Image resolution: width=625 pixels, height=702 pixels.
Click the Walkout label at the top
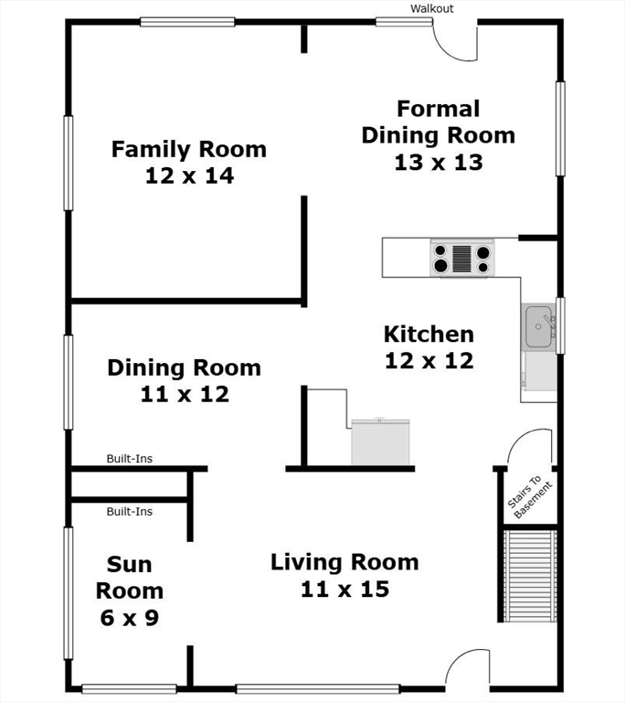[431, 8]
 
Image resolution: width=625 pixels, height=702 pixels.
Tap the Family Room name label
[189, 149]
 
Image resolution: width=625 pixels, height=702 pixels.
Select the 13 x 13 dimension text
[439, 162]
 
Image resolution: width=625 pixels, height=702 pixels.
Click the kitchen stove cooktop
[462, 259]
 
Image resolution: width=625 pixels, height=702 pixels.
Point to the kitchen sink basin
[538, 326]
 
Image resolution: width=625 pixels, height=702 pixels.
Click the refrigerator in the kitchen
[380, 441]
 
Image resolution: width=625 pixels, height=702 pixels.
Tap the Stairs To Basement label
[530, 496]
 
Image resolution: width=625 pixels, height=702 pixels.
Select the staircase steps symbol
[530, 576]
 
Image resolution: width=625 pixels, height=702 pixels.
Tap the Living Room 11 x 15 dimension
[344, 590]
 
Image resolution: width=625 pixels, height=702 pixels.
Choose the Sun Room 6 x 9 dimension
[130, 618]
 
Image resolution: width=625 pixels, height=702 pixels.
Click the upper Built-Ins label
[130, 459]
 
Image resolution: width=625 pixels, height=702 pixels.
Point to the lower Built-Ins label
[130, 511]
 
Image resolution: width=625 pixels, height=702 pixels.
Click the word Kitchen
[429, 334]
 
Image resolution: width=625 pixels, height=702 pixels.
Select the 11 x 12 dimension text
[185, 394]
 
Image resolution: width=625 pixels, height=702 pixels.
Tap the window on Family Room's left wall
[68, 163]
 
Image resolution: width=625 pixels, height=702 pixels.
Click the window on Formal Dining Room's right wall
[560, 129]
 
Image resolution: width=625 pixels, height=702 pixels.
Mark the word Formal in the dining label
[439, 109]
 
